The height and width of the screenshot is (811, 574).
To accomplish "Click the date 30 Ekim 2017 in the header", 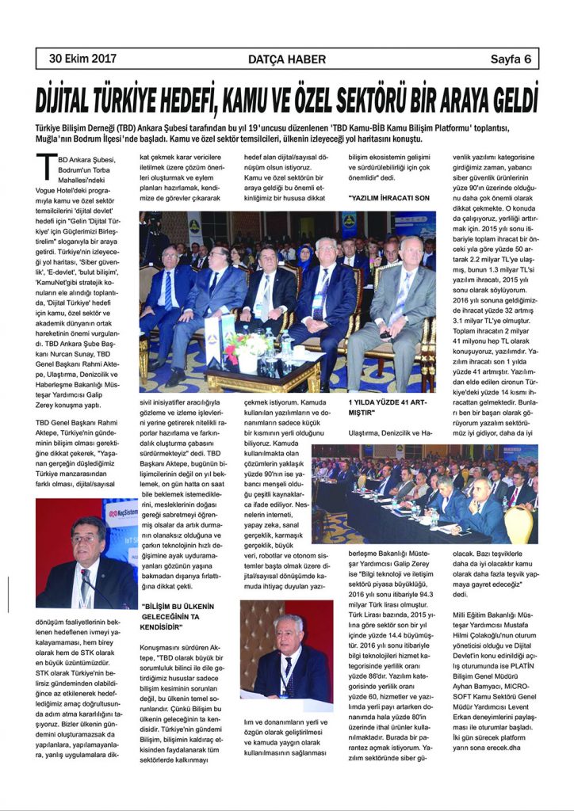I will tap(82, 58).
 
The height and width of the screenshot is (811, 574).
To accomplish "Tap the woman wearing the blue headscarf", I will tap(304, 257).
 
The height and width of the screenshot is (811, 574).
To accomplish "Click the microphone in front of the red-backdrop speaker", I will tap(87, 590).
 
